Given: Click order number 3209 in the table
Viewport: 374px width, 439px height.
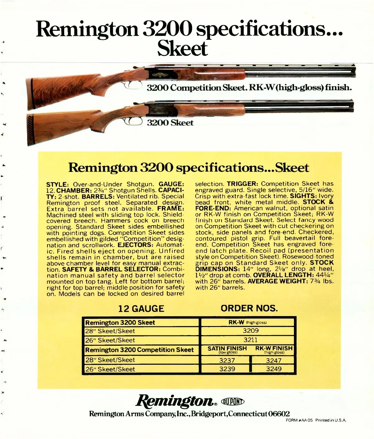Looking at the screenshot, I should pos(251,331).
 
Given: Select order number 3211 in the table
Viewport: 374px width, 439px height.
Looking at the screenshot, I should pos(251,340).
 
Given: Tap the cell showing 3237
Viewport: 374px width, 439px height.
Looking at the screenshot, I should pos(227,360).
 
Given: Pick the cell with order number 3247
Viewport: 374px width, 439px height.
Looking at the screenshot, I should pos(274,360).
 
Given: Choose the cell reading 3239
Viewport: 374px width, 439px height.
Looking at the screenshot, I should pos(227,369).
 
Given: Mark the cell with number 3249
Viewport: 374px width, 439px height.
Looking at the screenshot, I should pos(274,369).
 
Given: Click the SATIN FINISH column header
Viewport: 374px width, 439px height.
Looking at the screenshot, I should pos(227,349).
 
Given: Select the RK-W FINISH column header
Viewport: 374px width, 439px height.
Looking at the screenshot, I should pos(274,349).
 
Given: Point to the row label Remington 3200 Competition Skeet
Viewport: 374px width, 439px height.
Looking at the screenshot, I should pos(139,350).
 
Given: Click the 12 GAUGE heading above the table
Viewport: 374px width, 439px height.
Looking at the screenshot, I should pos(141,309).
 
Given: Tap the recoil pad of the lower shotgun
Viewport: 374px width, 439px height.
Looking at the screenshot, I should pos(31,129).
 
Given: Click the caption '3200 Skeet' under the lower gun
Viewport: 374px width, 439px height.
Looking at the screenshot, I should pos(170,123).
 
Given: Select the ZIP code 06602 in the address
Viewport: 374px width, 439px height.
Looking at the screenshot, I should pos(279,414).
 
